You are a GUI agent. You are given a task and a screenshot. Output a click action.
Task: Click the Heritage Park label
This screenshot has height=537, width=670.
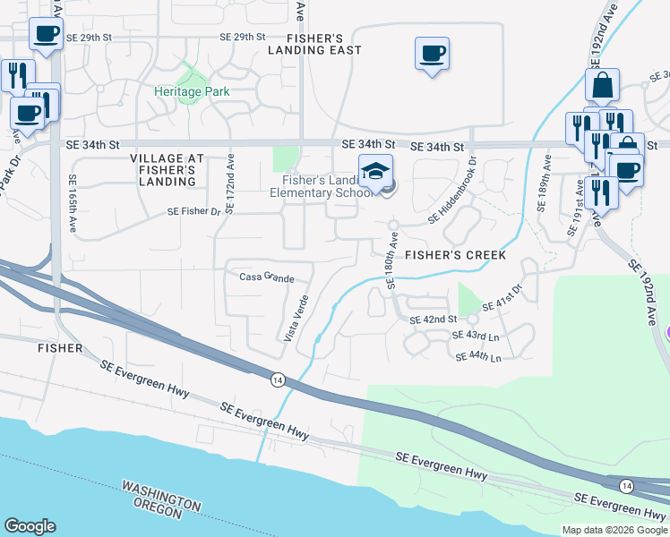[x=192, y=91]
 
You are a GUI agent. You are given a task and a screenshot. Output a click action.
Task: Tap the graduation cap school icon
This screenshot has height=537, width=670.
[x=376, y=170]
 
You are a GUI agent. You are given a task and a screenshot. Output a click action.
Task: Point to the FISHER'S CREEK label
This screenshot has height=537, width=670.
[x=455, y=255]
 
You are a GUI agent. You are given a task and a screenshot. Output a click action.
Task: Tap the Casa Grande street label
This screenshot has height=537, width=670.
[x=266, y=277]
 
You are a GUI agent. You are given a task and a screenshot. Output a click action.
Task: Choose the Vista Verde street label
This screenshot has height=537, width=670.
[x=296, y=319]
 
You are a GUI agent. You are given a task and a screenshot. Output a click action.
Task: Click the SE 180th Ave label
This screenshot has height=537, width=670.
[x=391, y=260]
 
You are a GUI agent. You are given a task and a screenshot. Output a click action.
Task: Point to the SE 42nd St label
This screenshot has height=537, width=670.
[x=434, y=320]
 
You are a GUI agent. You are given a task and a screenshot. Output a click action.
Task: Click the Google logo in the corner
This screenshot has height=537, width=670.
[x=30, y=525]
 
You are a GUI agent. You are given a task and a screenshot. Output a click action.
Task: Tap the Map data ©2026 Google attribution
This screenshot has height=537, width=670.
[x=614, y=530]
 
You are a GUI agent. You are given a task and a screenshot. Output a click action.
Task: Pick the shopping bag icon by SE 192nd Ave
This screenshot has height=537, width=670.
[x=603, y=85]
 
